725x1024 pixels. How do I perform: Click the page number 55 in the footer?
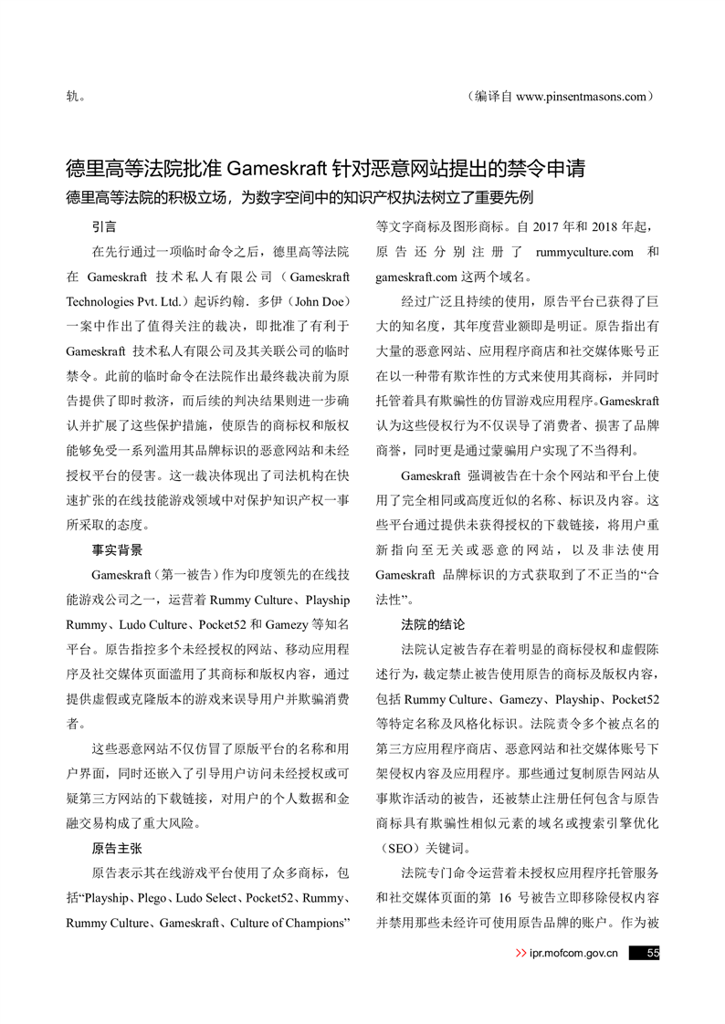(652, 954)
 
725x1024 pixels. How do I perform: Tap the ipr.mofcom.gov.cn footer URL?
(573, 954)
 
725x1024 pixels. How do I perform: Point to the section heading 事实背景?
(117, 550)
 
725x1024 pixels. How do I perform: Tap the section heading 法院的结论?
(433, 625)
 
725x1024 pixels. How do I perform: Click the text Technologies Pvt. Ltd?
(125, 301)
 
